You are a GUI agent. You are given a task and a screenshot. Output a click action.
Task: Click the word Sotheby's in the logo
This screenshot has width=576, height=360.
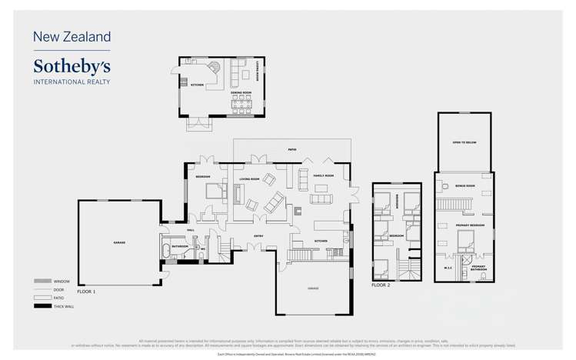point(72,65)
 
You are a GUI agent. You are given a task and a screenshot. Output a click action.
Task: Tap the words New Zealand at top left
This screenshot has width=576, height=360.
point(72,36)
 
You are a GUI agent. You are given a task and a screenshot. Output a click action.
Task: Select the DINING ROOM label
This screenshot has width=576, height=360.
point(241,92)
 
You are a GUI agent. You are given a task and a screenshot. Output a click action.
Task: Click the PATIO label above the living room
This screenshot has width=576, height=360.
point(292,149)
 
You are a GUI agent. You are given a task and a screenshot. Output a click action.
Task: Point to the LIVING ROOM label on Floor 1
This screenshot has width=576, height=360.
point(249,178)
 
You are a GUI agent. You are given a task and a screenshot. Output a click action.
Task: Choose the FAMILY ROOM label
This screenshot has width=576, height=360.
point(324,176)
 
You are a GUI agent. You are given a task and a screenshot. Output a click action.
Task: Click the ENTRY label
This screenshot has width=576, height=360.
point(259,236)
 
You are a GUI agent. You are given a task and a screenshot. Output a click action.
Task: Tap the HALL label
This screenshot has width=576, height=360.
point(190,229)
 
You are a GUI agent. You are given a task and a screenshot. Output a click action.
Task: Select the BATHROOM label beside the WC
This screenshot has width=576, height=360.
point(180,247)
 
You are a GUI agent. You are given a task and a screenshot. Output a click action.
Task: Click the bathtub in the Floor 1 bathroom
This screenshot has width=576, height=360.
point(168,251)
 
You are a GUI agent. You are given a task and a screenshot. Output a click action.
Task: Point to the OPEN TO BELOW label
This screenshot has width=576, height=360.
point(463,143)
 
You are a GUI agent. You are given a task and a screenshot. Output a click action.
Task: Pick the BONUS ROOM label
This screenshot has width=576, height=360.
point(465,185)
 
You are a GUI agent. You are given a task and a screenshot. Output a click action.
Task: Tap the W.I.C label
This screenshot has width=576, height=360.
point(448,267)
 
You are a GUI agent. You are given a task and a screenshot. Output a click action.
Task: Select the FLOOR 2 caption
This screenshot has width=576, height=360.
point(381,285)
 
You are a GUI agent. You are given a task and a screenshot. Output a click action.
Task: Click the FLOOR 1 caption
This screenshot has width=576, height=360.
point(87,292)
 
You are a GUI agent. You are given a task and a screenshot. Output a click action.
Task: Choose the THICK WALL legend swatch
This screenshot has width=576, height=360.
point(42,307)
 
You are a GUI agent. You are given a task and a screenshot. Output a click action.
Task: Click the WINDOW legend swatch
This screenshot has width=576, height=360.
point(42,282)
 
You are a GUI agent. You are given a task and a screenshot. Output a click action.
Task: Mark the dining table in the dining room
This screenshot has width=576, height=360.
point(241,104)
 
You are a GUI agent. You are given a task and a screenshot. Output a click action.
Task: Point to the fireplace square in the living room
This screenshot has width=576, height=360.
point(298,209)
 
